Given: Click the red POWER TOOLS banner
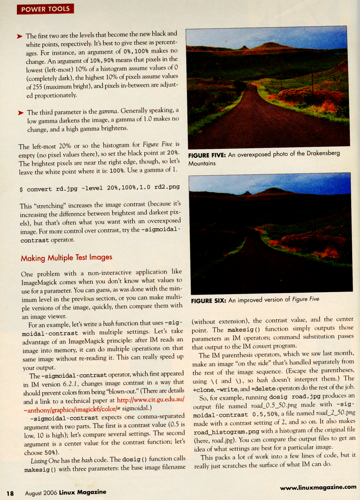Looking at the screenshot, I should click(45, 9).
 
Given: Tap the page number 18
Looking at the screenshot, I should click(10, 493).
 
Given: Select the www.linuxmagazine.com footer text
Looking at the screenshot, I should click(318, 487).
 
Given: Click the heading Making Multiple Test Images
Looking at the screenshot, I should click(66, 258).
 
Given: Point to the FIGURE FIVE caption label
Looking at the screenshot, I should click(207, 155).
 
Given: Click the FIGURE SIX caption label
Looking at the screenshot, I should click(208, 301).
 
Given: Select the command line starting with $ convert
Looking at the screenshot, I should click(100, 188).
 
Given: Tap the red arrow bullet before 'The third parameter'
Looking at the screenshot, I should click(21, 113).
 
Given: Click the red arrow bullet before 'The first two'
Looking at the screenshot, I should click(20, 36).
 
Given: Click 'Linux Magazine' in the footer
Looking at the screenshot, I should click(83, 492).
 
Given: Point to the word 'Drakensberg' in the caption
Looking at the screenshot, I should click(323, 153).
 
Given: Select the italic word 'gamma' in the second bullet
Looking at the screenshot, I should click(108, 111).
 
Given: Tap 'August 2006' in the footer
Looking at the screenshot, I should click(41, 493).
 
